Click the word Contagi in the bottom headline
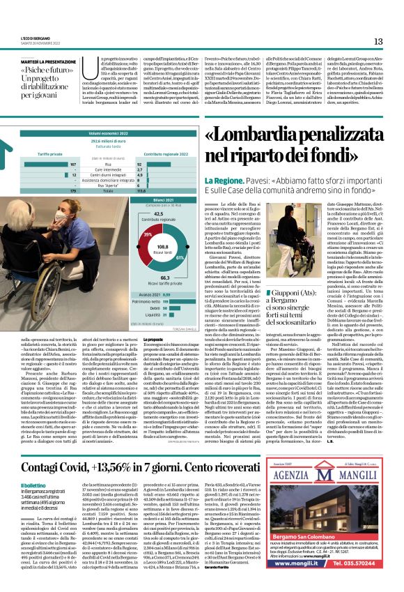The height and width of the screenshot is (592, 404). click(x=41, y=463)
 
